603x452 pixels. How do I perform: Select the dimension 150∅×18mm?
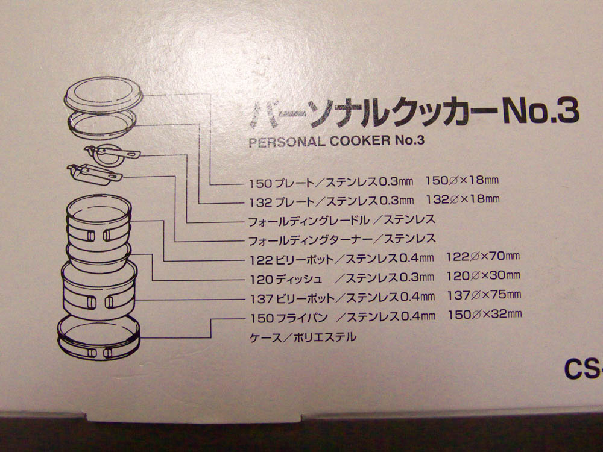(461, 180)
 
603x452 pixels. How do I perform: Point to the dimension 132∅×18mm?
(463, 199)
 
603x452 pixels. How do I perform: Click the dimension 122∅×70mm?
(482, 256)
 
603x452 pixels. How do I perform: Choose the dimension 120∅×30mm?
(484, 275)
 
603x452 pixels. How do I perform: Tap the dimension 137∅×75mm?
(484, 295)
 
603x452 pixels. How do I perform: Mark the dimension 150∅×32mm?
(485, 315)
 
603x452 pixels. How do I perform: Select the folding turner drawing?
(93, 174)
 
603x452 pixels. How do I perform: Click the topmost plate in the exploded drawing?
(103, 95)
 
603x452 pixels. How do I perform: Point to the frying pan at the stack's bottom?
(99, 338)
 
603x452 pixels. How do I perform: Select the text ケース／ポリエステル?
(303, 337)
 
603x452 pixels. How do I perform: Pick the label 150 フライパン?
(289, 318)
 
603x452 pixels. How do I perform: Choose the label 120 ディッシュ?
(286, 279)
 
